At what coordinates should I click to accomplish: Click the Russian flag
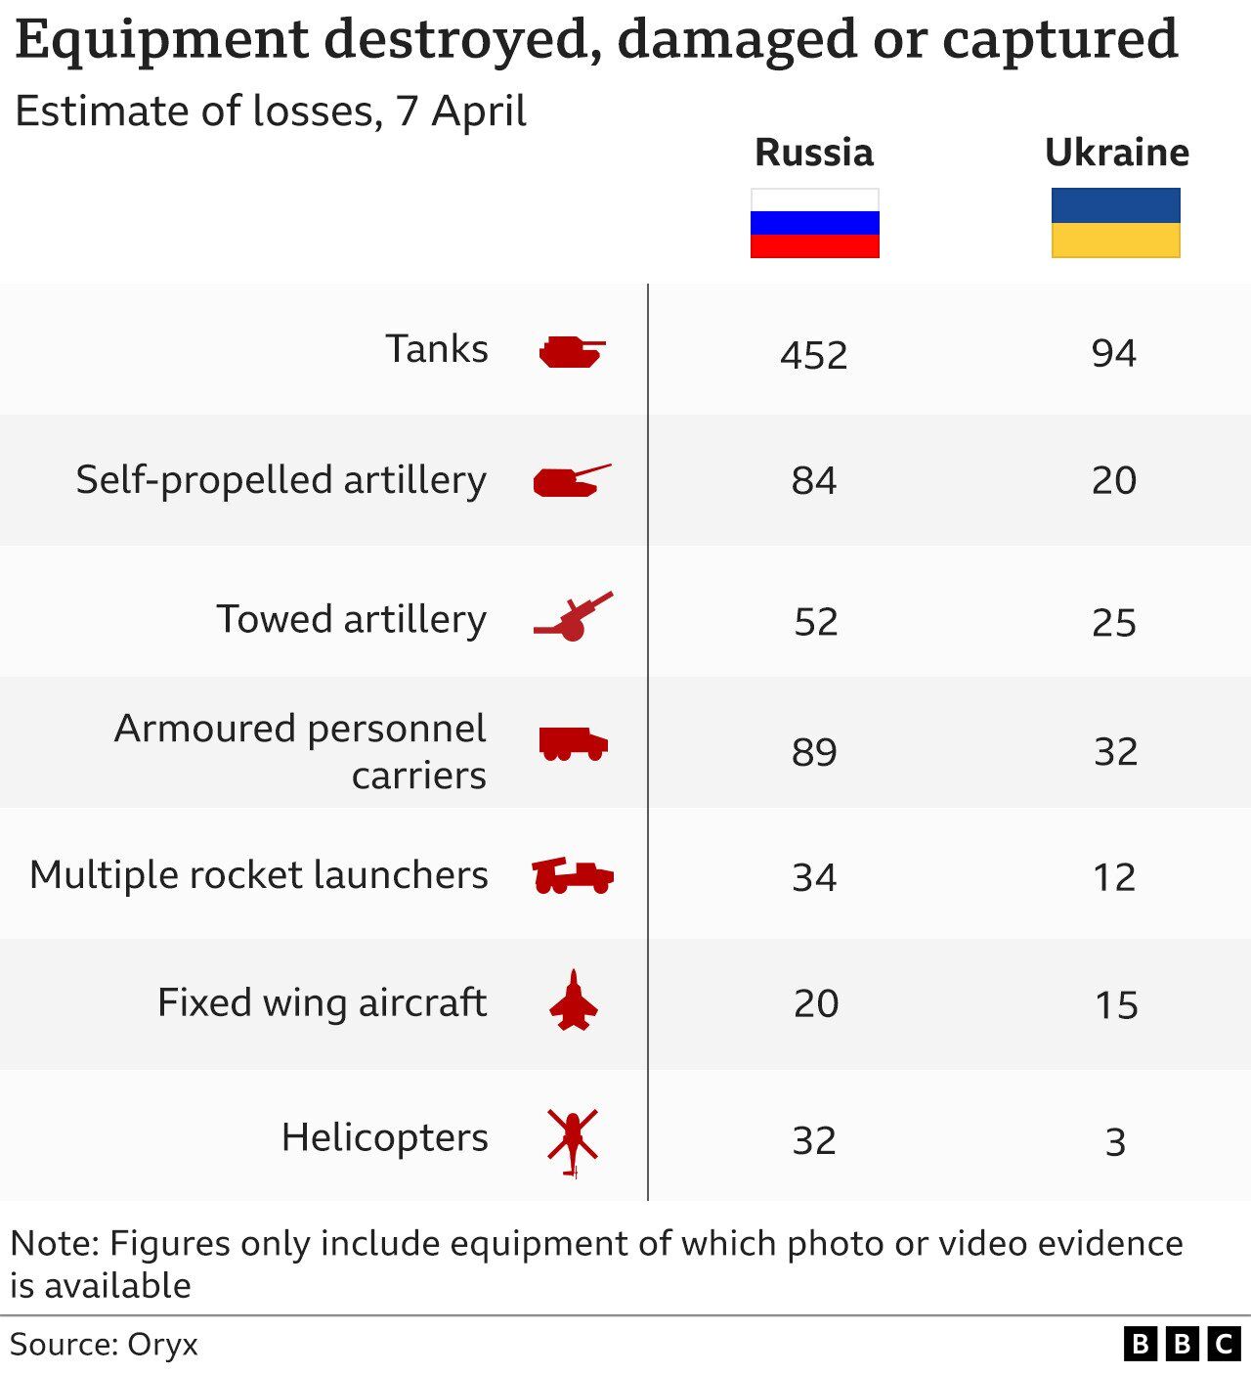pos(814,223)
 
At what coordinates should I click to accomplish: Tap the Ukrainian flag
pos(1115,223)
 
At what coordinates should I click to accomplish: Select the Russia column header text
pos(814,153)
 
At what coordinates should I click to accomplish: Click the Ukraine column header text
pos(1116,153)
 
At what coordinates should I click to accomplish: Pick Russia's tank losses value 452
pos(814,354)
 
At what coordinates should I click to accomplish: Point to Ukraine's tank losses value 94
pos(1114,353)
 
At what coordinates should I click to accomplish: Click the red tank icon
pos(572,351)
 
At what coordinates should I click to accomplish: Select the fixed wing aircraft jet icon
pos(573,1000)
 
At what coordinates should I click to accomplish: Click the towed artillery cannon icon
pos(574,617)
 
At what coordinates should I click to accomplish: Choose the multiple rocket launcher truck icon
pos(573,875)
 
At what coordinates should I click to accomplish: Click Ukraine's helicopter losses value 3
pos(1115,1141)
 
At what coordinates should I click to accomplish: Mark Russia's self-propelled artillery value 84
pos(814,480)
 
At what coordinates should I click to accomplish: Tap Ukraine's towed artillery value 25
pos(1114,622)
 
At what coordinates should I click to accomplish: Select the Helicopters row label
pos(384,1137)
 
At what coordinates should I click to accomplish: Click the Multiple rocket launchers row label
pos(259,874)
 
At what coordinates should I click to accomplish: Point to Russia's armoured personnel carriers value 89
pos(814,751)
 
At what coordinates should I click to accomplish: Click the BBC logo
pos(1182,1344)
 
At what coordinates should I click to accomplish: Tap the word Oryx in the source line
pos(162,1345)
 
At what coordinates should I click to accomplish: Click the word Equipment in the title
pos(162,39)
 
